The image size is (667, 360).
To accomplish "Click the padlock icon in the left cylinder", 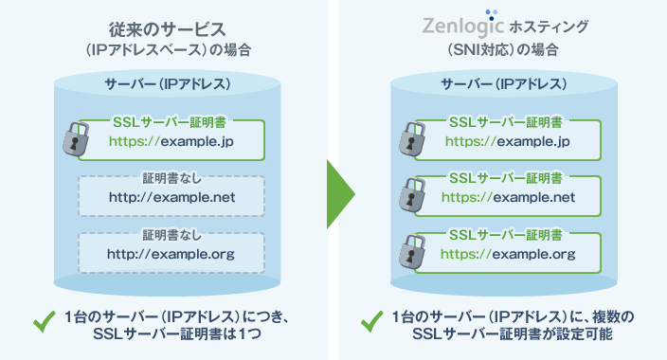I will point(76,138).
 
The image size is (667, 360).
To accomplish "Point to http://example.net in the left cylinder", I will point(171,197).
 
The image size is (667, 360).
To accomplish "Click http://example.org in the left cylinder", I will point(171,253).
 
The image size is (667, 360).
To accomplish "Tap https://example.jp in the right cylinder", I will point(507,142).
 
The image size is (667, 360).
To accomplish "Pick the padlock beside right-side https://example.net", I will point(408,193).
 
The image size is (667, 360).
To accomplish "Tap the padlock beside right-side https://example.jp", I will point(408,138).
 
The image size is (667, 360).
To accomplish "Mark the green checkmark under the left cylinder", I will point(44,322).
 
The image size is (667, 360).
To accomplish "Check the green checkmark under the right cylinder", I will point(371,322).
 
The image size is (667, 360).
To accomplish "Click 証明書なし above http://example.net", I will point(171,178).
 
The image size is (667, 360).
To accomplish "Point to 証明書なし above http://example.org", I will point(171,234).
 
